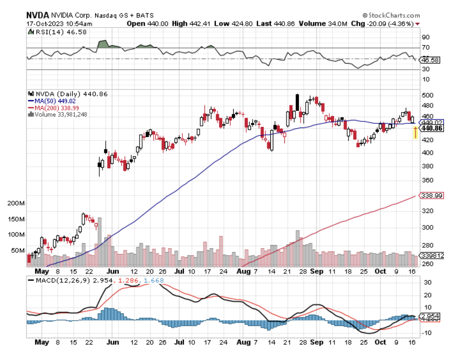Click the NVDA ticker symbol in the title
(x=37, y=15)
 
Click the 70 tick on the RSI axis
(x=426, y=47)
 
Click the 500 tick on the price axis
(x=427, y=95)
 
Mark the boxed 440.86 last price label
(x=432, y=128)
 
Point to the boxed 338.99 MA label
(x=432, y=195)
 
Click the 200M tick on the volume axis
(x=16, y=203)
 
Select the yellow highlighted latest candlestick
(x=416, y=132)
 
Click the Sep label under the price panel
(x=316, y=272)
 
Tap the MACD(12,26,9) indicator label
(x=62, y=280)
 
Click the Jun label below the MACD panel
(x=113, y=342)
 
